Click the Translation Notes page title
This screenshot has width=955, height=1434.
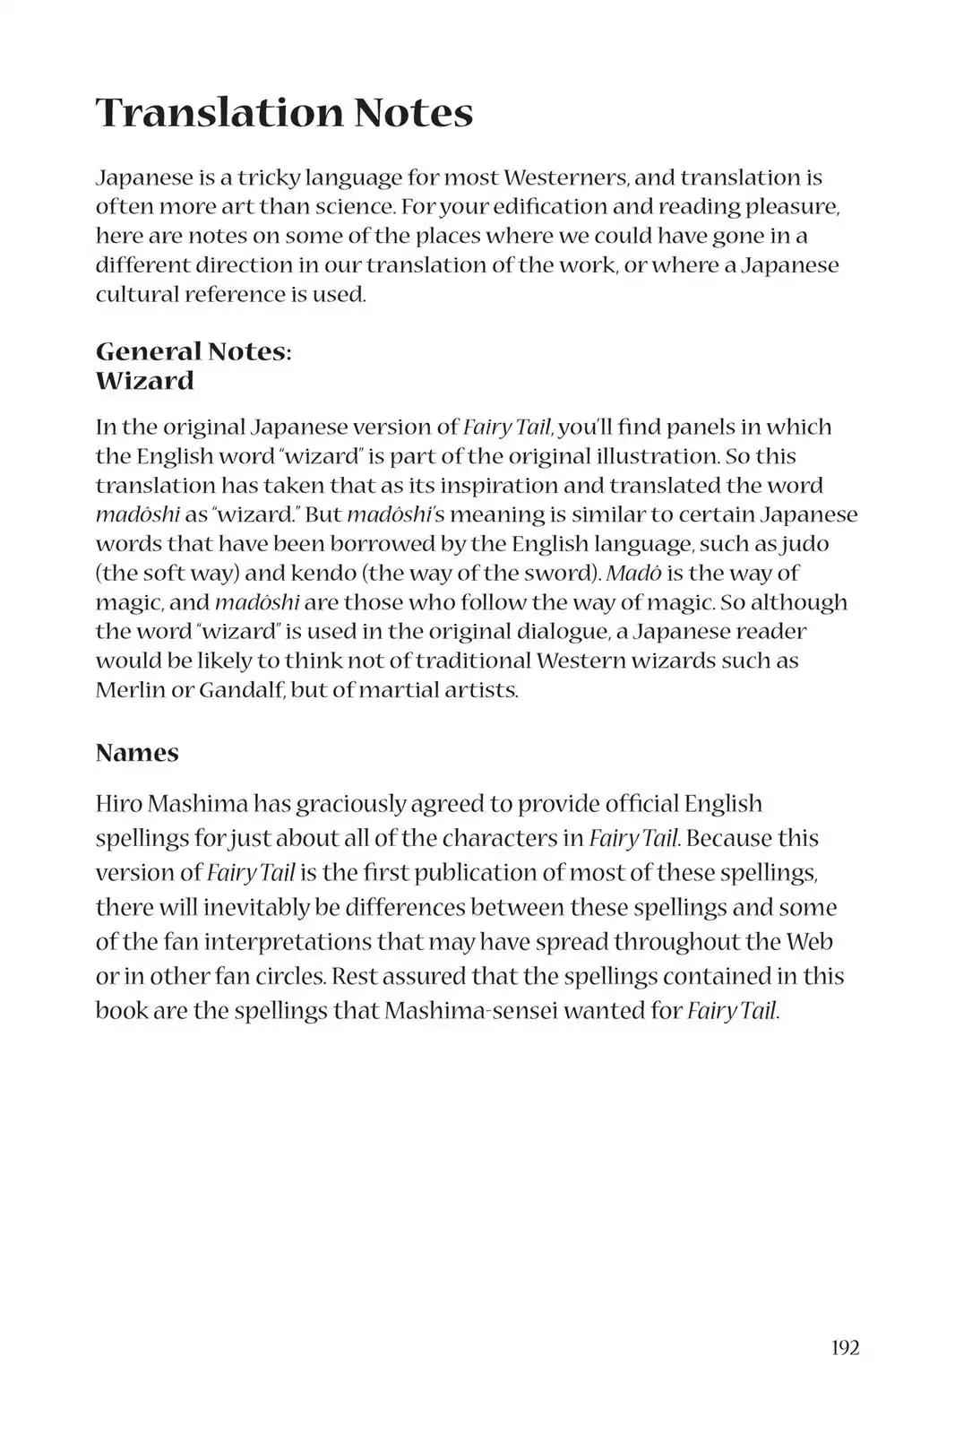(284, 113)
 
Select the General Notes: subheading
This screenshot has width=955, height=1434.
(194, 351)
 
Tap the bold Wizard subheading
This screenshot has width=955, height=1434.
(144, 381)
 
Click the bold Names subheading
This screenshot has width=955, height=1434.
(137, 753)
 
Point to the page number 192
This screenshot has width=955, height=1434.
(845, 1347)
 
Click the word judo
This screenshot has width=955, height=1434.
(804, 544)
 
